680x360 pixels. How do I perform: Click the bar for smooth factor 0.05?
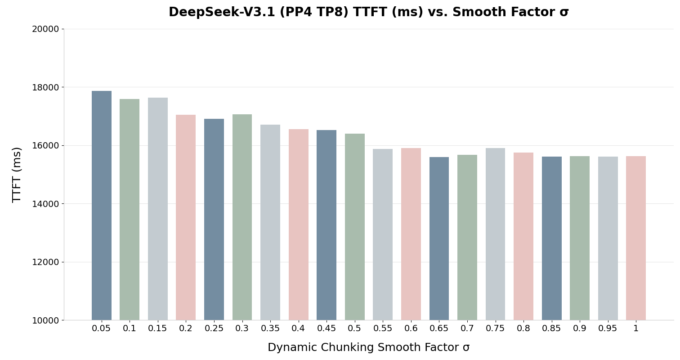coord(102,206)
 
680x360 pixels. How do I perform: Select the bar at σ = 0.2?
coord(186,217)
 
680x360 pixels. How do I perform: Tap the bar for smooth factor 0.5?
coord(354,227)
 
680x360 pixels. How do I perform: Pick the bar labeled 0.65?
coord(439,238)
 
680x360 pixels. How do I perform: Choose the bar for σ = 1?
coord(635,238)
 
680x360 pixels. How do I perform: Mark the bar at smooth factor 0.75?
coord(495,234)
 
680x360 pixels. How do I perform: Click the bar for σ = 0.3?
coord(242,217)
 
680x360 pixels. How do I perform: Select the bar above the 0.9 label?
coord(579,238)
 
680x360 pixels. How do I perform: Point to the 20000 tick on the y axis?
coord(45,29)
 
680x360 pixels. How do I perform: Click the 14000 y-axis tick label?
coord(45,204)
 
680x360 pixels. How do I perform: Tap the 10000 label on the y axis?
coord(45,320)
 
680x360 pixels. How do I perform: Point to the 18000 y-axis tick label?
coord(45,87)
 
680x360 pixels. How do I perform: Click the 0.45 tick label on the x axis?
coord(327,328)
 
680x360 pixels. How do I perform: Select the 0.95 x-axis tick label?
coord(608,328)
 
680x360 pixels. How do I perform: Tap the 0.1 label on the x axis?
coord(130,328)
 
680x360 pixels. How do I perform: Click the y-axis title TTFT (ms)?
coord(17,175)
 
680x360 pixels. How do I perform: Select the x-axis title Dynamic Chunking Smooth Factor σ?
coord(368,348)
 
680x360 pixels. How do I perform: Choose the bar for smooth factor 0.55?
coord(383,234)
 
